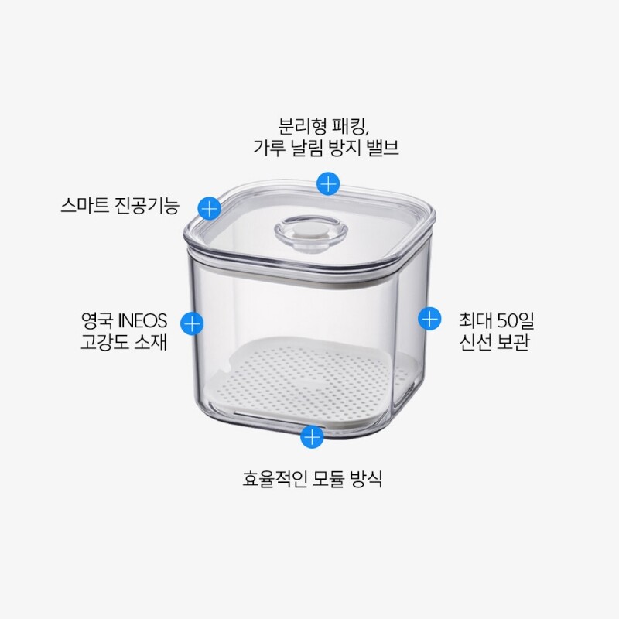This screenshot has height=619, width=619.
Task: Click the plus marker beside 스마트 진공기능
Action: click(x=209, y=207)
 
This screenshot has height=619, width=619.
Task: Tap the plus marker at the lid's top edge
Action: click(x=328, y=183)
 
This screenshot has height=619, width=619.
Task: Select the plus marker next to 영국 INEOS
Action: click(x=192, y=323)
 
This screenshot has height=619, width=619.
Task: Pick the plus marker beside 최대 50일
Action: click(x=429, y=318)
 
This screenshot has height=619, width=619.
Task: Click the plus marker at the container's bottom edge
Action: click(x=312, y=436)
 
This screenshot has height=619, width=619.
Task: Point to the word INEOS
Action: click(x=143, y=320)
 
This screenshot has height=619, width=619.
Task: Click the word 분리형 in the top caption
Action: click(x=302, y=126)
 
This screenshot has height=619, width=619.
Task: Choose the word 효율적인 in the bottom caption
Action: click(x=275, y=478)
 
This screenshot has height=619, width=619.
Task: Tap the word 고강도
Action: click(x=104, y=342)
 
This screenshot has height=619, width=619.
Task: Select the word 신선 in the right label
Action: click(x=474, y=342)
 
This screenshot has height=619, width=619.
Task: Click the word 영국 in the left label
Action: click(x=97, y=320)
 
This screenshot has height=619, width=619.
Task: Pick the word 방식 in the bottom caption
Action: click(x=366, y=478)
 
